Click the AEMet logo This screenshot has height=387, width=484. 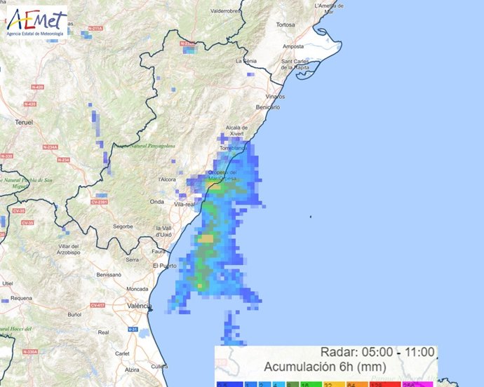[34, 22]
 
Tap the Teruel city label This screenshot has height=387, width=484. [24, 122]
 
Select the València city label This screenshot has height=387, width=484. [140, 306]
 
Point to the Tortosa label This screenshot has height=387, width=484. [285, 25]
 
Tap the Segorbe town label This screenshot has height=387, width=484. [123, 226]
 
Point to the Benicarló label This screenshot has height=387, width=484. [268, 107]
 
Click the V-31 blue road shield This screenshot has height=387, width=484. [132, 329]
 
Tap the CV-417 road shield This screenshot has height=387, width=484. [98, 306]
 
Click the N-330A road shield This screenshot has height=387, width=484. [29, 351]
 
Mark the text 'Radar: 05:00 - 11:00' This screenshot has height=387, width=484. [377, 352]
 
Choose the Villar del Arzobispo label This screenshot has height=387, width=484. [69, 250]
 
